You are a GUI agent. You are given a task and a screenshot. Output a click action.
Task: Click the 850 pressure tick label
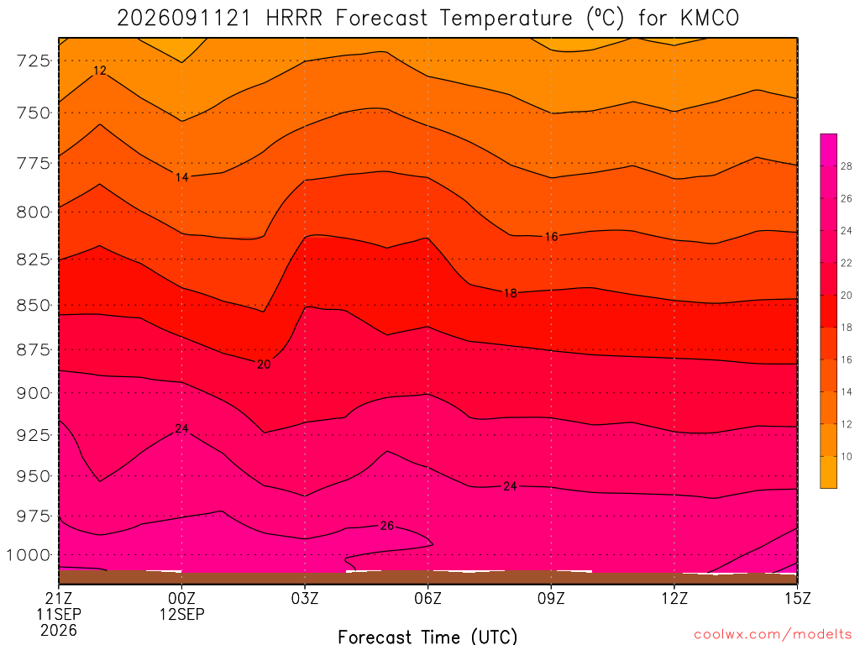click(x=34, y=305)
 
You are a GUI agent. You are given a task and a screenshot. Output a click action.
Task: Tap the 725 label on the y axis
click(x=34, y=60)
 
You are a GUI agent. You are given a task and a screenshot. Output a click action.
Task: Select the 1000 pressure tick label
click(x=28, y=555)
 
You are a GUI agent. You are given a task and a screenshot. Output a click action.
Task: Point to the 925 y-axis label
click(x=34, y=435)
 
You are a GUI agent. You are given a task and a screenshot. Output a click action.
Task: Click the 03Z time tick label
click(x=304, y=598)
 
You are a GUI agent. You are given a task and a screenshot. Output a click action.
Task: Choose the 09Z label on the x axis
click(x=551, y=598)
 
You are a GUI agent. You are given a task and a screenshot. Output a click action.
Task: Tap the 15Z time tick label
click(x=797, y=598)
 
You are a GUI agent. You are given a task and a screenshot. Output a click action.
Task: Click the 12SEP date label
click(x=181, y=614)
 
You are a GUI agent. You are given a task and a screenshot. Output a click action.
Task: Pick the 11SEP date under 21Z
click(x=59, y=614)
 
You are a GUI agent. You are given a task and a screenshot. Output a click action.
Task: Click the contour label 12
click(x=100, y=71)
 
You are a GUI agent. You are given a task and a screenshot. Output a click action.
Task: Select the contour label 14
click(x=181, y=177)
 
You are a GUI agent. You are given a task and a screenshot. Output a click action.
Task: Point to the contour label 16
click(x=551, y=236)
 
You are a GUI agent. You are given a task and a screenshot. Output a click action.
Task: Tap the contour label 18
click(x=510, y=293)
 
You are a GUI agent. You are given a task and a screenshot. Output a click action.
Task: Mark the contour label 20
click(x=264, y=364)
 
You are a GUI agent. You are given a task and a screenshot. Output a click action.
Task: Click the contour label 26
click(x=386, y=526)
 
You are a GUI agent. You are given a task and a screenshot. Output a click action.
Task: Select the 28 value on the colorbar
click(x=846, y=166)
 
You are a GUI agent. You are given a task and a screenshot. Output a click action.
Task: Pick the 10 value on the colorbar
click(x=846, y=456)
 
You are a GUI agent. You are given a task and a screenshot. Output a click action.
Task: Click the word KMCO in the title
click(x=709, y=18)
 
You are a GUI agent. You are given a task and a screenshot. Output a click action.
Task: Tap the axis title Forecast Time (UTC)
click(x=427, y=637)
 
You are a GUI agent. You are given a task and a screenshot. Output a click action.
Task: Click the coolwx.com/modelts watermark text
click(x=773, y=635)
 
